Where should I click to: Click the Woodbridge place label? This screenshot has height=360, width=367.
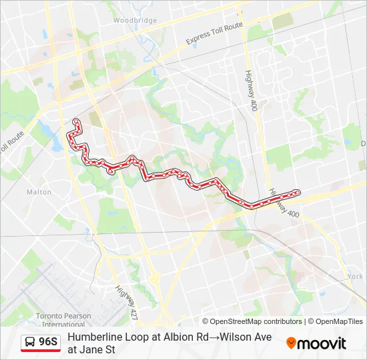(x=135, y=20)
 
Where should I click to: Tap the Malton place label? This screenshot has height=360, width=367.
(x=39, y=192)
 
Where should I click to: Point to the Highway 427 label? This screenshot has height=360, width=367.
(x=125, y=301)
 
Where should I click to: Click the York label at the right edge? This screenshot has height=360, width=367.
(x=355, y=276)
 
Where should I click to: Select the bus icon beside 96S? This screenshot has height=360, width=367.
(x=31, y=343)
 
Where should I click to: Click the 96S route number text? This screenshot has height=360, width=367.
(x=49, y=343)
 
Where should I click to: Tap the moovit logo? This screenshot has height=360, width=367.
(x=316, y=343)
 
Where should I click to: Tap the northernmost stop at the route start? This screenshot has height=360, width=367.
(x=76, y=121)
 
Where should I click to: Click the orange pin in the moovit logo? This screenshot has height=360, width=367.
(x=292, y=343)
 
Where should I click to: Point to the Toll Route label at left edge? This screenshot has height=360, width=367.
(x=11, y=141)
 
